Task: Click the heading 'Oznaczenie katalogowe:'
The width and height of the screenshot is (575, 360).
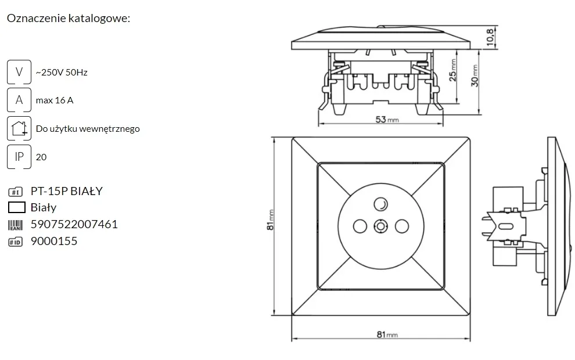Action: (x=69, y=18)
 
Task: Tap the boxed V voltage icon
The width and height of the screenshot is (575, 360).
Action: (x=19, y=72)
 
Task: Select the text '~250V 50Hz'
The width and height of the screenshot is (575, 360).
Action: (x=62, y=72)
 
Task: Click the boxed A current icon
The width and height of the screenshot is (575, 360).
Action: (x=19, y=100)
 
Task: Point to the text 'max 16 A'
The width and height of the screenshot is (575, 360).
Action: (x=55, y=100)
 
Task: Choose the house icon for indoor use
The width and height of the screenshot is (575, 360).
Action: (x=19, y=128)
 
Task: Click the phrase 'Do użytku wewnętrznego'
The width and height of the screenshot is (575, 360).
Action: (x=88, y=129)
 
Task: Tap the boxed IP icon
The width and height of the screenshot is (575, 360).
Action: (x=19, y=157)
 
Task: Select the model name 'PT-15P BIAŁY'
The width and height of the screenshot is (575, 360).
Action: (x=67, y=191)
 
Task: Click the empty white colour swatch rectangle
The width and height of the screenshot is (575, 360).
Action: (x=16, y=207)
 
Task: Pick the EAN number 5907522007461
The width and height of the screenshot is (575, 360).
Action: (x=74, y=224)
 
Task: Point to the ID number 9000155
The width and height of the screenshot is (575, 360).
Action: (x=54, y=241)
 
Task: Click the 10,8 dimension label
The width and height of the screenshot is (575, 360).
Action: (x=490, y=37)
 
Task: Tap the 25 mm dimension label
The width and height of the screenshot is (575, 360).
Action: (x=453, y=70)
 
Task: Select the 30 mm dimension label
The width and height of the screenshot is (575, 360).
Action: (x=475, y=76)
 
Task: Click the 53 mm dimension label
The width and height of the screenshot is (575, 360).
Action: (x=387, y=120)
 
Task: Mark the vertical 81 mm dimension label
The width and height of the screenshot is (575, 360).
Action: (x=270, y=220)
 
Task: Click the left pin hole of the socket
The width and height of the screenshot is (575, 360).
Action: (x=360, y=226)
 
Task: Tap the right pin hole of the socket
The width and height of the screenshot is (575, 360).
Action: (x=402, y=226)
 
